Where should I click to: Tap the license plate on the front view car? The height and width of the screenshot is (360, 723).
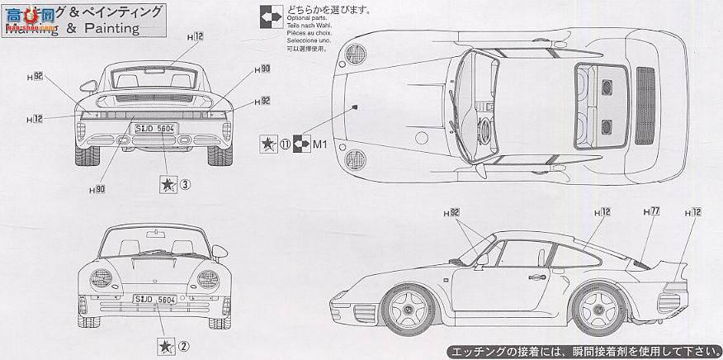pyautogui.click(x=154, y=300)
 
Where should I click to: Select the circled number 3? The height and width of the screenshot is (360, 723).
pyautogui.click(x=186, y=184)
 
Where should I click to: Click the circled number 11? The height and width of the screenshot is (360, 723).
pyautogui.click(x=285, y=142)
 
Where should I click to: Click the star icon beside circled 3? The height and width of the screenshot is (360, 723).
pyautogui.click(x=168, y=184)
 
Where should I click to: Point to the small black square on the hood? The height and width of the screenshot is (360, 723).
pyautogui.click(x=354, y=107)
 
